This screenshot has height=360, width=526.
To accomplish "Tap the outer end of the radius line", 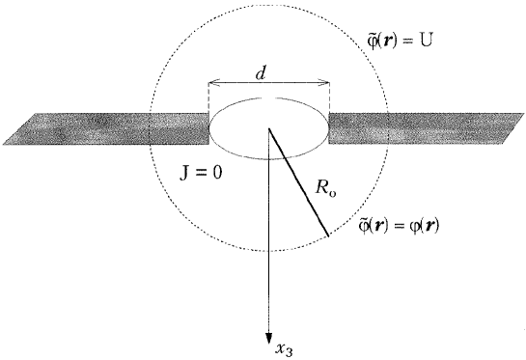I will point(328,236).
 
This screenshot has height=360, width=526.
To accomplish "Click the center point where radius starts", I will point(268,128).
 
